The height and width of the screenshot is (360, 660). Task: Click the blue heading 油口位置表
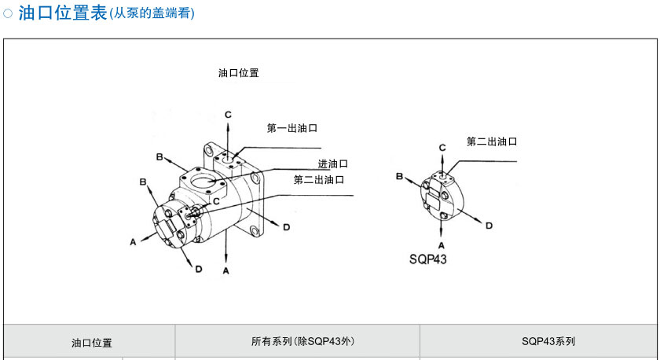click(63, 13)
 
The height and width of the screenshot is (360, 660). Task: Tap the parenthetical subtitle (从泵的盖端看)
click(152, 13)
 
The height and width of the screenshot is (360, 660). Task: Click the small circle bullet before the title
click(8, 13)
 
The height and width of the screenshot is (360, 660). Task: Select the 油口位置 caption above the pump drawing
click(238, 73)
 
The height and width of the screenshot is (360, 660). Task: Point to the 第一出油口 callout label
click(292, 128)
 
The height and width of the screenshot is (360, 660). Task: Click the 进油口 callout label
click(333, 163)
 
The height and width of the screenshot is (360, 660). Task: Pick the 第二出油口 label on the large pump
click(319, 180)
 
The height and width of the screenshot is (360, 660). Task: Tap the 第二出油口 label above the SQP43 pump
click(492, 141)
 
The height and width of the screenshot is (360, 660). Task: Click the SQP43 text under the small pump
click(427, 259)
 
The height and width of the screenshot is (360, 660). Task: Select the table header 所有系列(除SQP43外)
click(302, 341)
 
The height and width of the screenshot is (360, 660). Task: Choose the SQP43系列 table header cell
click(548, 341)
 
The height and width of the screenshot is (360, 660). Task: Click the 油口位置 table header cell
click(92, 343)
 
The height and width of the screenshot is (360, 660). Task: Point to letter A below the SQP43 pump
click(441, 245)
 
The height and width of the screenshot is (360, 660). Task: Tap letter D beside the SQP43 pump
click(489, 226)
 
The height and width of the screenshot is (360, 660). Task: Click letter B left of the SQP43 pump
click(399, 176)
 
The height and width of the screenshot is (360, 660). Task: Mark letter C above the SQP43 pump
click(442, 148)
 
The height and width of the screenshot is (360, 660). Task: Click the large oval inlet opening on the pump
click(204, 181)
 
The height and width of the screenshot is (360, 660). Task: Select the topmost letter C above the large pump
click(228, 115)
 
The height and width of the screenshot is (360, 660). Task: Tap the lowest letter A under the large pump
click(226, 271)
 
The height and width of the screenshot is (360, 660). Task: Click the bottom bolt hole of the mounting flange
click(255, 231)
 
